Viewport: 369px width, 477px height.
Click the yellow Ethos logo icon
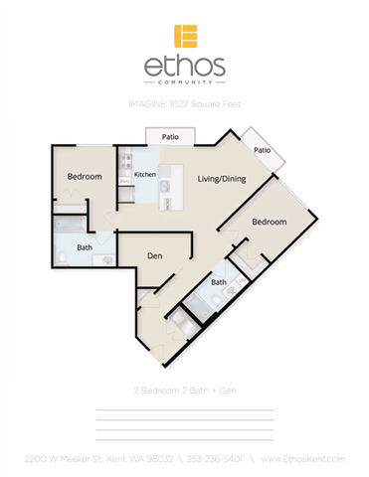185,37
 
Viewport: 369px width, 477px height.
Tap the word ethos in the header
185,68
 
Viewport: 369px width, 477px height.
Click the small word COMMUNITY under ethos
185,84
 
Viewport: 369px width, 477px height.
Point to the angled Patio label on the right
262,150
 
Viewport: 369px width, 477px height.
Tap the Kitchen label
145,175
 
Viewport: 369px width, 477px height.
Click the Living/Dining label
221,179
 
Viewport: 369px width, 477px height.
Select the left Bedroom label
85,177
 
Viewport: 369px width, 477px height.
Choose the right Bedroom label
269,221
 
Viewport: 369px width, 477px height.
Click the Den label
154,255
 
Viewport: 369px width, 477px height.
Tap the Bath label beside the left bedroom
85,247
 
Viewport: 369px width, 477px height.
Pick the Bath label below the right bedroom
218,282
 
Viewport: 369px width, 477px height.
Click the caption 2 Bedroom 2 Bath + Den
184,391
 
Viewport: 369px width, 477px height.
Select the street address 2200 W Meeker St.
65,458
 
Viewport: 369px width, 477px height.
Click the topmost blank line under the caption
184,409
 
